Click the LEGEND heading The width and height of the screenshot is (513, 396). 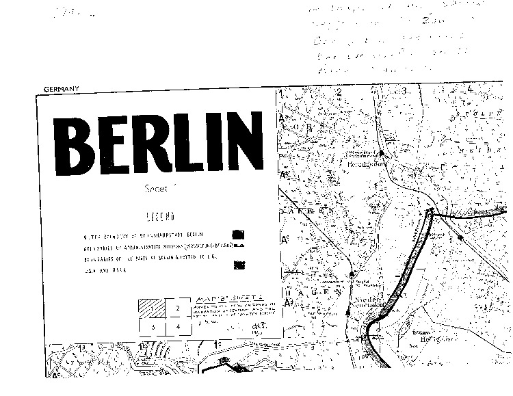159,217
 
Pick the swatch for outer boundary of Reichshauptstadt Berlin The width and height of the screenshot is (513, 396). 239,235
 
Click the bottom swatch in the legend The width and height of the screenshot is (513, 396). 239,264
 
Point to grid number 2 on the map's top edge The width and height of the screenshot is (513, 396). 339,91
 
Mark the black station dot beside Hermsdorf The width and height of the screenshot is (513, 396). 381,153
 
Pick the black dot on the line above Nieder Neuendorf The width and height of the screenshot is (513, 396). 352,274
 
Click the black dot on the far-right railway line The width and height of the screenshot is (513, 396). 461,237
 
